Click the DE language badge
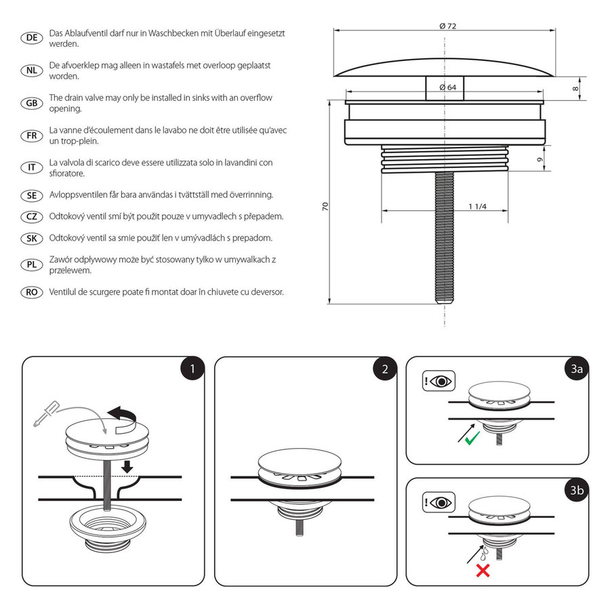[31, 38]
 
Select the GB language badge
[31, 103]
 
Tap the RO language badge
[31, 292]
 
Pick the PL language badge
[31, 265]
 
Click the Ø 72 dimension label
[447, 26]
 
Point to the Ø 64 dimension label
[447, 87]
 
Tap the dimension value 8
[575, 87]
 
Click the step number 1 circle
[192, 369]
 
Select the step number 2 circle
[385, 369]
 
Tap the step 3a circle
[576, 369]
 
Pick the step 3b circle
[576, 491]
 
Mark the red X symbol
[483, 570]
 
